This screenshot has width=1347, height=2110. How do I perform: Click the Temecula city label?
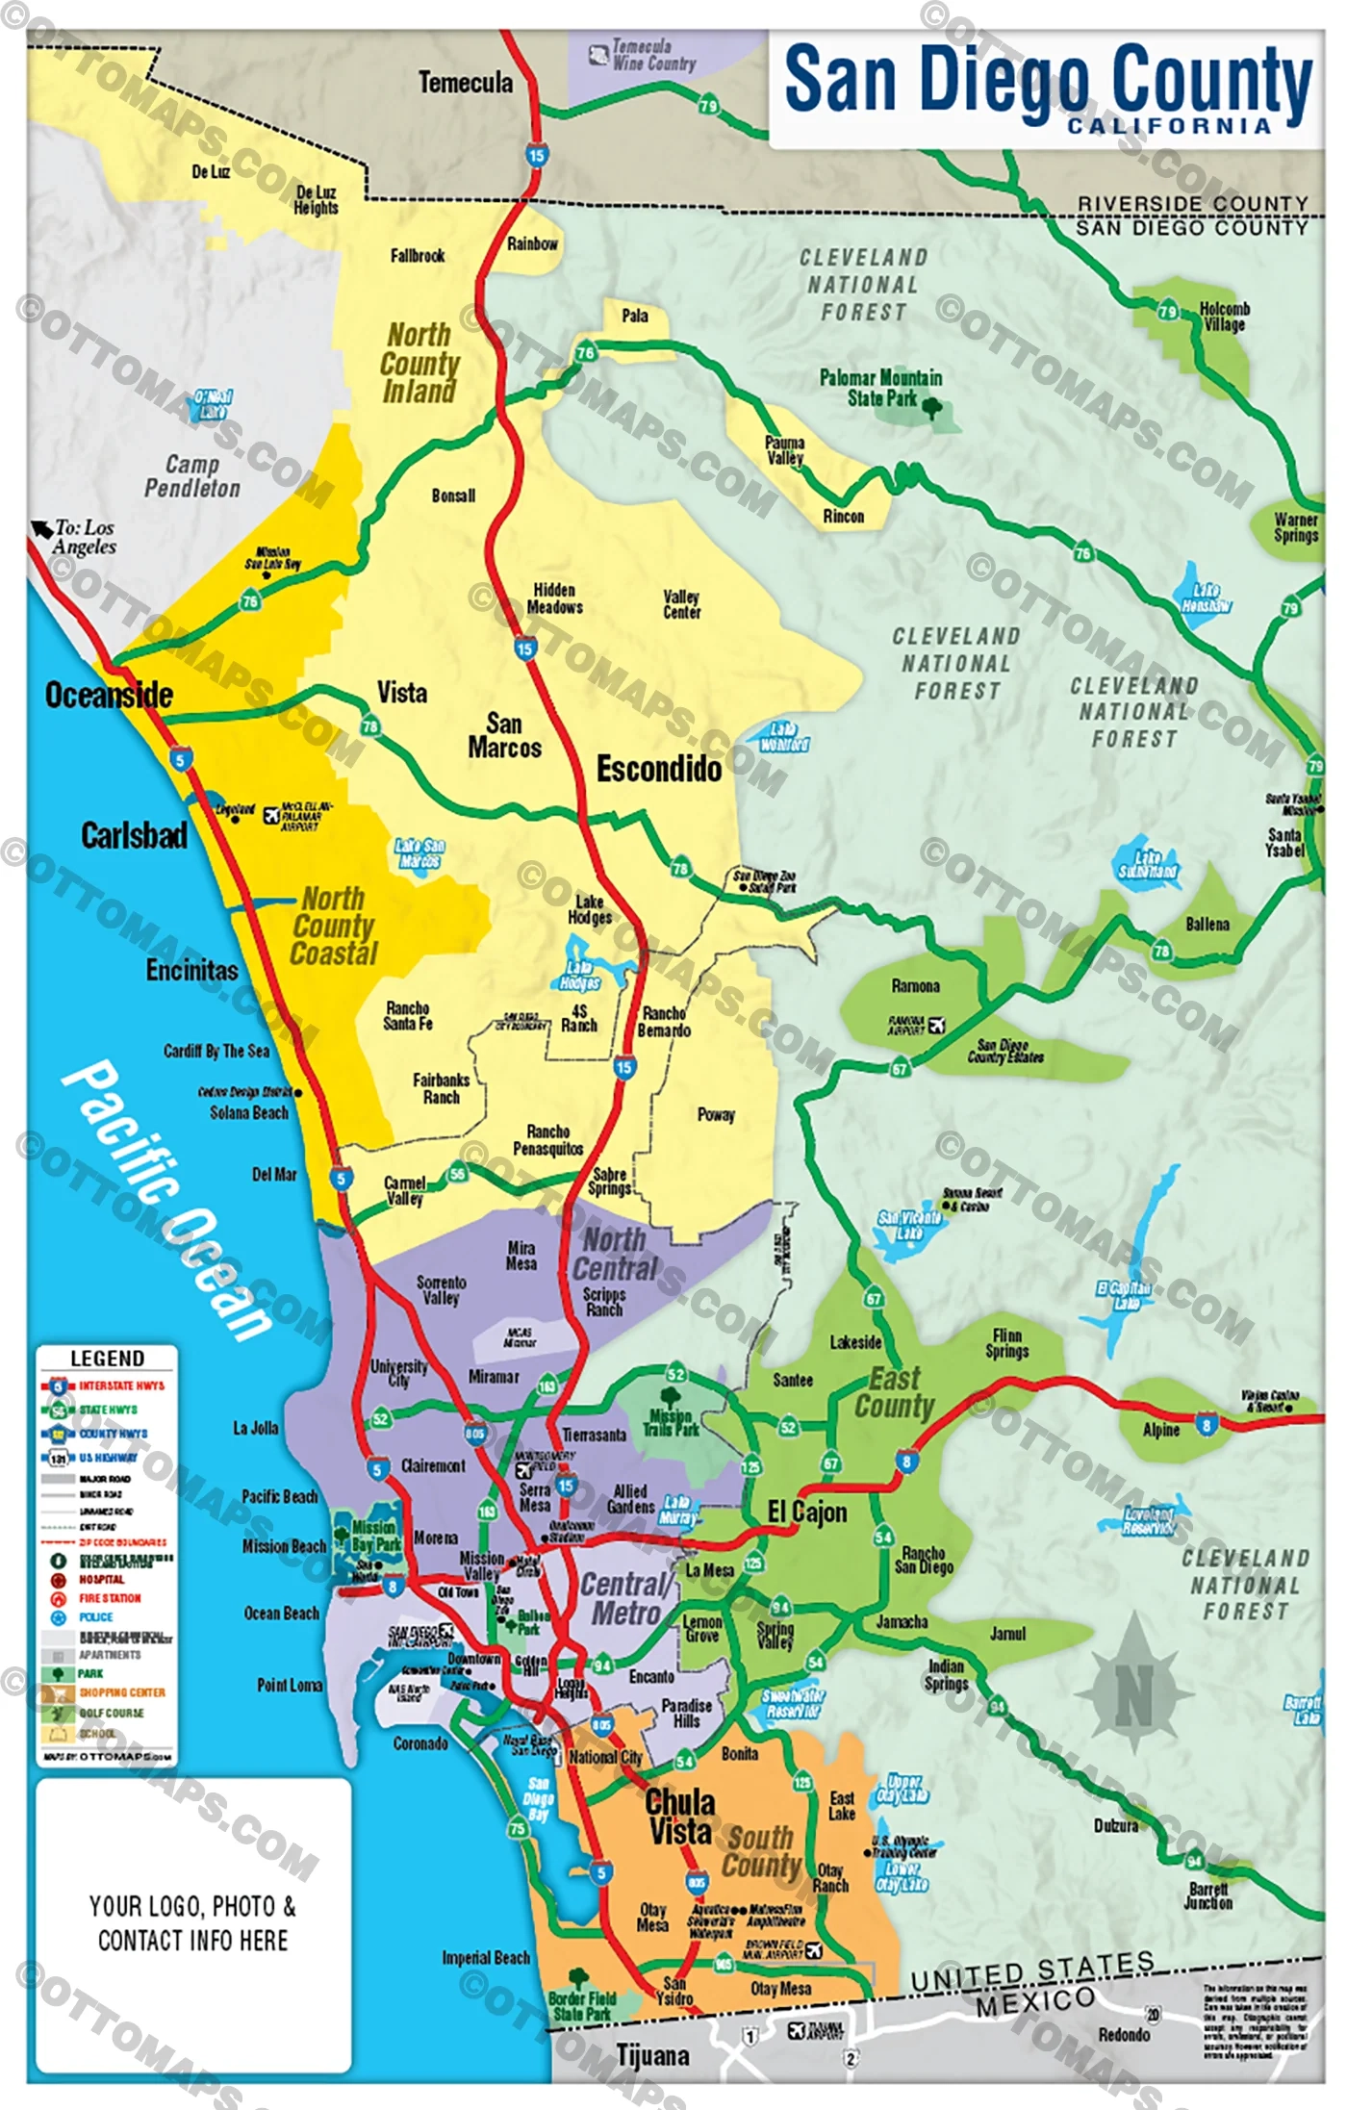[x=465, y=83]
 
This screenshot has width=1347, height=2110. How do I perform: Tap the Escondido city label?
[x=659, y=769]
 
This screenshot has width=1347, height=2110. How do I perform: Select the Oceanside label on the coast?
[x=109, y=695]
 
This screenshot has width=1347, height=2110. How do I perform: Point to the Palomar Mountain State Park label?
[x=880, y=388]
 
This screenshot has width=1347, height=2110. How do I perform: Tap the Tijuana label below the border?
[x=652, y=2056]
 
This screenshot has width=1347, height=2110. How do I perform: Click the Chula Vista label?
[x=680, y=1817]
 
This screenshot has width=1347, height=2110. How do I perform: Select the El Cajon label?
[x=807, y=1513]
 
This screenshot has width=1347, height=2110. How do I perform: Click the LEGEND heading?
[x=107, y=1359]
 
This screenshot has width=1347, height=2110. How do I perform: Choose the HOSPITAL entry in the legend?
[x=102, y=1580]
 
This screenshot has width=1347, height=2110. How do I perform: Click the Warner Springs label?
[x=1295, y=527]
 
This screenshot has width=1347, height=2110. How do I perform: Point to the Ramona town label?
[x=915, y=986]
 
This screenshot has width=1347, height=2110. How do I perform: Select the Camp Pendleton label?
[x=192, y=476]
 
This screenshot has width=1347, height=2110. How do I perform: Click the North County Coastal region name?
[x=333, y=926]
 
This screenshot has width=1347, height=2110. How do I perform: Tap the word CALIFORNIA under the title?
[x=1169, y=126]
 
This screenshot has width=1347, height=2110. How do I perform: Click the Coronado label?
[x=420, y=1743]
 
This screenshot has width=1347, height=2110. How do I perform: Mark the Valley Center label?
[x=681, y=604]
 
